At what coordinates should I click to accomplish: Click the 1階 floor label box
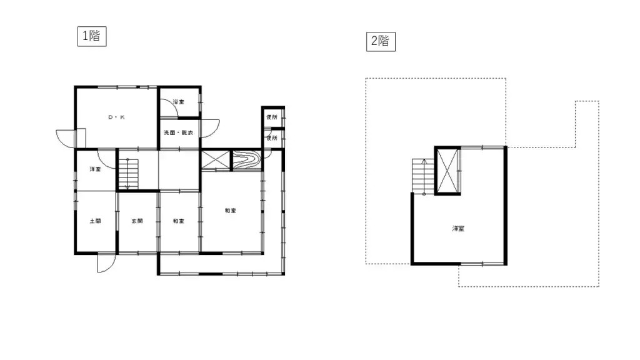[x=91, y=36]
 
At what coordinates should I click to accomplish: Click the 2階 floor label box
[x=381, y=41]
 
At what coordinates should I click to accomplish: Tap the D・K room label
[x=116, y=117]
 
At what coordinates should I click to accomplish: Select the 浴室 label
[x=179, y=101]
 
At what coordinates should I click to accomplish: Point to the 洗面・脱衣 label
[x=178, y=133]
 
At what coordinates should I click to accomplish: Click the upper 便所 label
[x=272, y=117]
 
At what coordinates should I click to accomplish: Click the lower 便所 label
[x=272, y=138]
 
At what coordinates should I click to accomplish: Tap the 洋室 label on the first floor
[x=95, y=169]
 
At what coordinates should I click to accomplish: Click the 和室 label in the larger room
[x=231, y=211]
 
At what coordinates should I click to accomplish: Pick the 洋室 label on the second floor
[x=458, y=229]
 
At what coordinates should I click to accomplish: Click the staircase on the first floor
[x=127, y=173]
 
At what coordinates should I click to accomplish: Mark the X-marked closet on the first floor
[x=216, y=161]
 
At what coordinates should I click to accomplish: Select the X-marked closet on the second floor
[x=447, y=170]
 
